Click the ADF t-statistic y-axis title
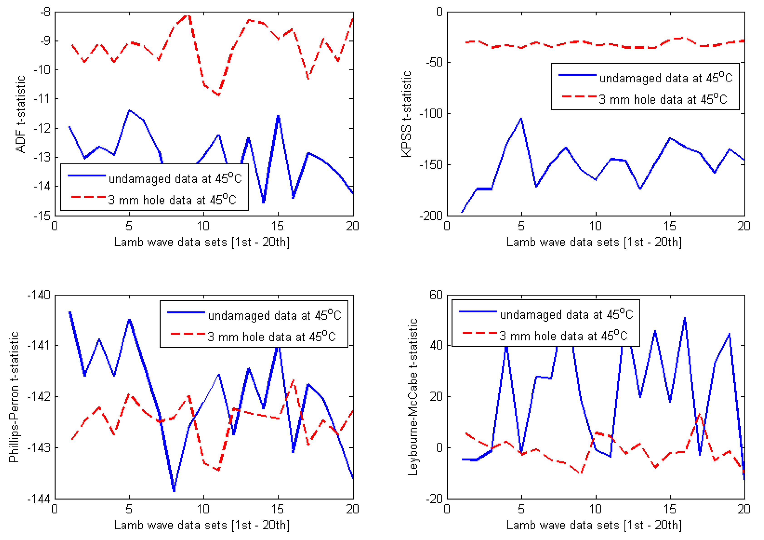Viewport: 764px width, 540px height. pos(21,114)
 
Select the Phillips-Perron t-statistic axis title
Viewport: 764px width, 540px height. pos(14,397)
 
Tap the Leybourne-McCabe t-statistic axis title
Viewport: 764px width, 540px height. pos(413,397)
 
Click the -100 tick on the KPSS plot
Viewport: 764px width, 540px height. pos(431,113)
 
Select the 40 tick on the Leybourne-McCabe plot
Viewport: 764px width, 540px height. pos(436,345)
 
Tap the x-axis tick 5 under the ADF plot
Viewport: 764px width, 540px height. pos(129,226)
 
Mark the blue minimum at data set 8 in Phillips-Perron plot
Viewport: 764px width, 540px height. pos(174,490)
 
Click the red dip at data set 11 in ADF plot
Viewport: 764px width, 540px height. pos(219,95)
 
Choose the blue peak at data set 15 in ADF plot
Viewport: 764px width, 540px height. pos(278,116)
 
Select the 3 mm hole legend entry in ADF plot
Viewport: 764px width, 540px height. pos(172,200)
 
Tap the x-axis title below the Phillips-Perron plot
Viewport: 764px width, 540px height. pos(202,525)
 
